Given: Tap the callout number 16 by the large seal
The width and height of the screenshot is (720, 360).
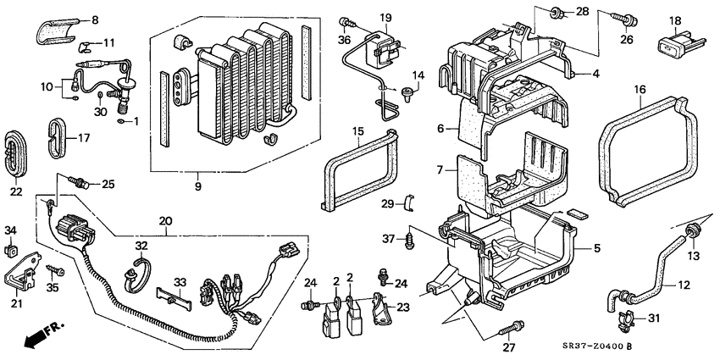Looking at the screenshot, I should pos(640,88).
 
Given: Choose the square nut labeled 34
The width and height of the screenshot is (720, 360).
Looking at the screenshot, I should pos(11,249).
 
